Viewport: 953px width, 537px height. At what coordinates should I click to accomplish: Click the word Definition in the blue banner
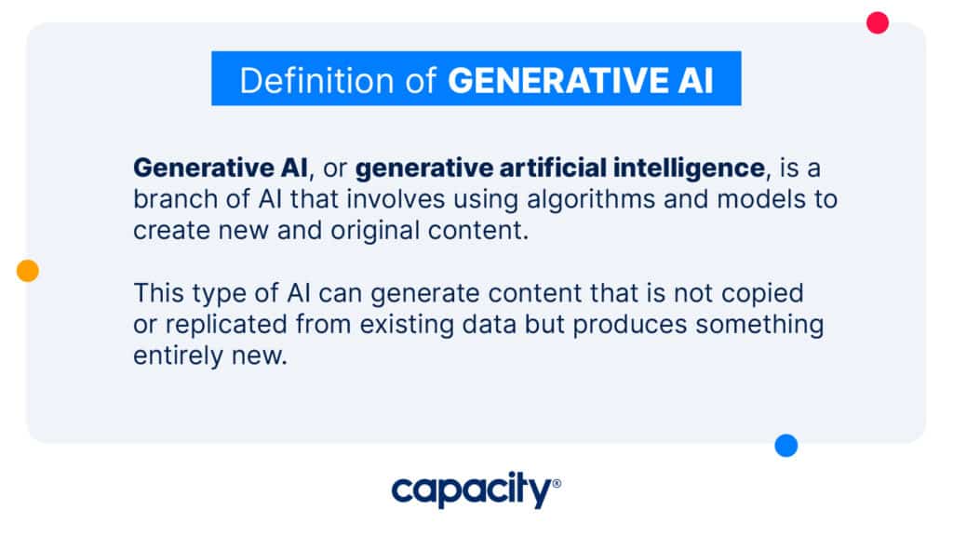click(x=316, y=80)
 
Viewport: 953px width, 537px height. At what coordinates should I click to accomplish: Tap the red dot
click(x=877, y=23)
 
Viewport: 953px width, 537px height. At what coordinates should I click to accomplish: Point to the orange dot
click(x=27, y=270)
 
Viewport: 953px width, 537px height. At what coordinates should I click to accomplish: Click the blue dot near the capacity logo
click(x=785, y=445)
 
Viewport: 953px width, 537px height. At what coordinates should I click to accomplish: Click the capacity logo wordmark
click(x=472, y=490)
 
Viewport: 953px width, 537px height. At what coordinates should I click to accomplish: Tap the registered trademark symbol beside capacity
click(x=557, y=484)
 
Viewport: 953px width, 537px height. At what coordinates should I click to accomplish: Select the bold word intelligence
click(x=689, y=168)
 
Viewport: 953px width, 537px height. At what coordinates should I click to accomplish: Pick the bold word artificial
click(x=553, y=168)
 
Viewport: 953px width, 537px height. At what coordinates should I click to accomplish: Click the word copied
click(x=762, y=294)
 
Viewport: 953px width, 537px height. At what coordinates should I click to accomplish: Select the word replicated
click(x=226, y=325)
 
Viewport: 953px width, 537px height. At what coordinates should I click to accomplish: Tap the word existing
click(x=407, y=325)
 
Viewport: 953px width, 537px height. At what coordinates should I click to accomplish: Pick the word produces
click(x=630, y=325)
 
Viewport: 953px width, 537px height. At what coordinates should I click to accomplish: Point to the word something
click(x=759, y=325)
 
